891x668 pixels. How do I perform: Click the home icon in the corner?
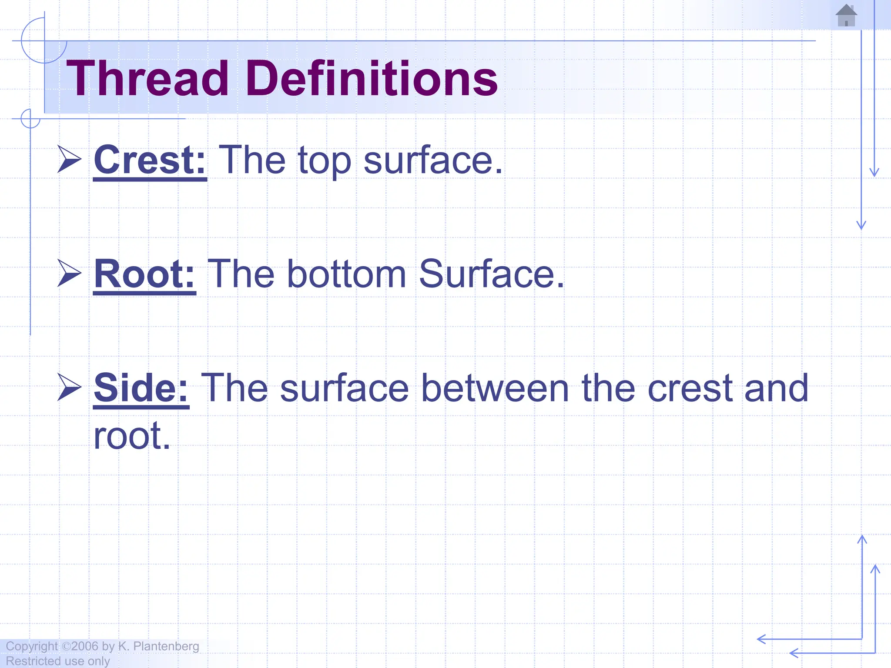(846, 16)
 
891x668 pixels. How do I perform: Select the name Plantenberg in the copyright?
(166, 646)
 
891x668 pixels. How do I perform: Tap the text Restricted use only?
(58, 661)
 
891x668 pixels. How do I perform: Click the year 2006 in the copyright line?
(85, 646)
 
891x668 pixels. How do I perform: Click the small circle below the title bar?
(30, 118)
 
